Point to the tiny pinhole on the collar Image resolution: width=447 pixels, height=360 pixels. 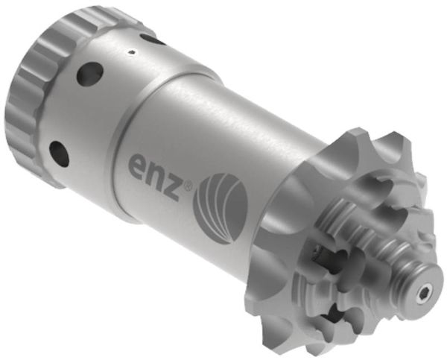131,51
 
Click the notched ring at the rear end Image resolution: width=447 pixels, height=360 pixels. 37,82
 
